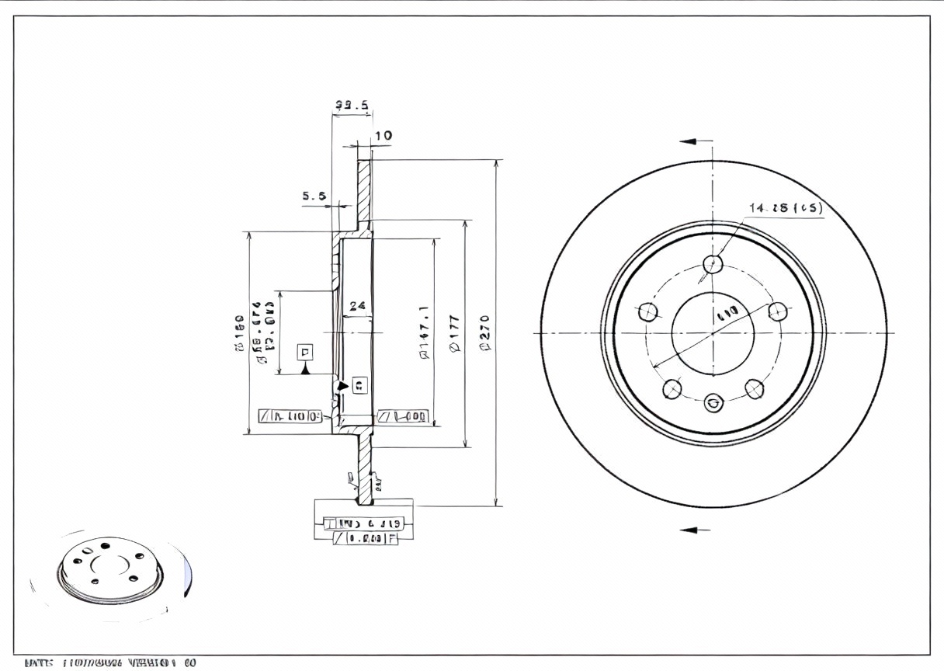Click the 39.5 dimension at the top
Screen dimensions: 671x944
tap(351, 106)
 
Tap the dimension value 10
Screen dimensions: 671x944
tap(383, 136)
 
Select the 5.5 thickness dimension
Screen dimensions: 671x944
tap(314, 196)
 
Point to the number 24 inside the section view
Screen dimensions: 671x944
tap(357, 306)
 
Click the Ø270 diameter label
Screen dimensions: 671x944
tap(487, 332)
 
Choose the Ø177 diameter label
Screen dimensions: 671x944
tap(456, 332)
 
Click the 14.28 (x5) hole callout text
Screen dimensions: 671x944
tap(785, 207)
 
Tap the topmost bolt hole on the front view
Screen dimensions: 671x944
tap(713, 265)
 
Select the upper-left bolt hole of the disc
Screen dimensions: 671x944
tap(649, 312)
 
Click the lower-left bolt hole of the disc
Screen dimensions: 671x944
tap(673, 388)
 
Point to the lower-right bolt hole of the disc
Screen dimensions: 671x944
tap(753, 388)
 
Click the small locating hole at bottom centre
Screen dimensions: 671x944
tap(713, 403)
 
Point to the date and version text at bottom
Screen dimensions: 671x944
tap(110, 663)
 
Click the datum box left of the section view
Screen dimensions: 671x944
tap(306, 353)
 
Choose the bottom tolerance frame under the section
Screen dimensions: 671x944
tap(365, 537)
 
